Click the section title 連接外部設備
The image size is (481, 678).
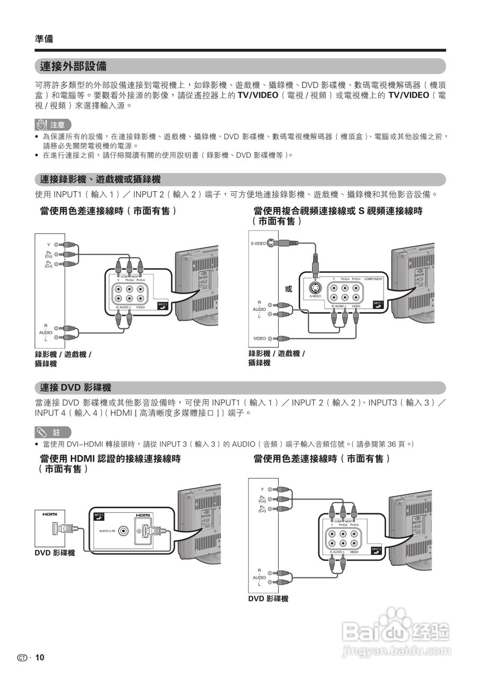pyautogui.click(x=73, y=66)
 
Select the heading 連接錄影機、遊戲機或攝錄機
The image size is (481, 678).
pyautogui.click(x=100, y=180)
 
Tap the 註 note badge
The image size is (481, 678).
pyautogui.click(x=52, y=432)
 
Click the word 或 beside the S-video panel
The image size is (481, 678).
pyautogui.click(x=288, y=289)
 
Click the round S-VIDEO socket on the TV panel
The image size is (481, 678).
pyautogui.click(x=315, y=289)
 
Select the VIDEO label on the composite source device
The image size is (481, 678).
pyautogui.click(x=260, y=338)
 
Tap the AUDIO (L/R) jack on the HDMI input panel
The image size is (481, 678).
pyautogui.click(x=123, y=531)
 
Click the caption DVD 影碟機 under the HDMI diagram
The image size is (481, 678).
pyautogui.click(x=55, y=553)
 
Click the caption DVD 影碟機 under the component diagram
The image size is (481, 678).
pyautogui.click(x=268, y=599)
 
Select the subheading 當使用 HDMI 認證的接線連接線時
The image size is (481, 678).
pyautogui.click(x=110, y=459)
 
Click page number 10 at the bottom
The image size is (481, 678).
pyautogui.click(x=40, y=657)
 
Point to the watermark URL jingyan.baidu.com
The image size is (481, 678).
pyautogui.click(x=396, y=650)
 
